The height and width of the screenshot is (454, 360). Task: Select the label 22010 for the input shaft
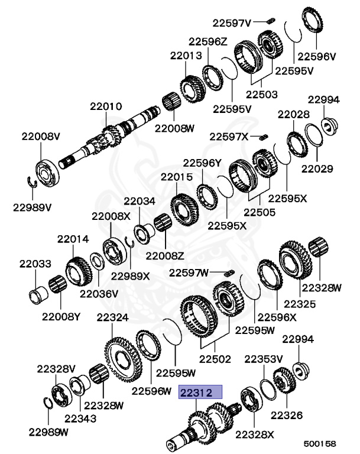click(106, 106)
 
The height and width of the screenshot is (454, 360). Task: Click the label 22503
click(261, 94)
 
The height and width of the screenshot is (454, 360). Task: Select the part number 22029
click(317, 168)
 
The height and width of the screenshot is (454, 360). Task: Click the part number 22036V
click(99, 293)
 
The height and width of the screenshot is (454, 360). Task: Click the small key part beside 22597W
click(231, 272)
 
